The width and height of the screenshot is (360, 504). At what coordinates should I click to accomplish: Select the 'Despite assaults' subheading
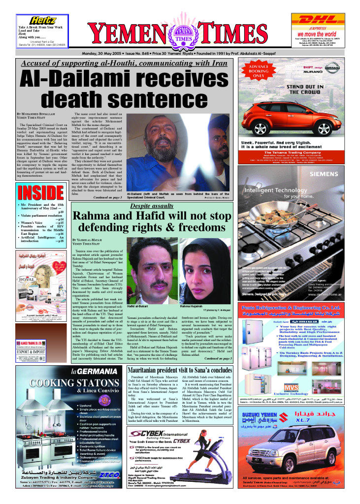[x=152, y=206]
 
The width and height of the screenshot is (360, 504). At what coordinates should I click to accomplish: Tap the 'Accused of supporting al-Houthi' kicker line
[x=124, y=63]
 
